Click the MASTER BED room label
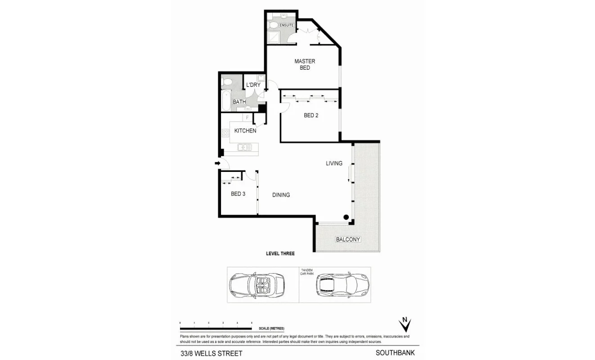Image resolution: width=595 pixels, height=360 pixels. pyautogui.click(x=305, y=64)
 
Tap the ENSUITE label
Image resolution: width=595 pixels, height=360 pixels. pyautogui.click(x=286, y=26)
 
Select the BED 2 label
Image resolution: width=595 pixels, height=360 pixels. pyautogui.click(x=311, y=116)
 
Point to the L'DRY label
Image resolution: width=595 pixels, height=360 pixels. pyautogui.click(x=253, y=85)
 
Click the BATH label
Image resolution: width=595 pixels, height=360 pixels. pyautogui.click(x=239, y=102)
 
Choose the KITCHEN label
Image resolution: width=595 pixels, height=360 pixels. pyautogui.click(x=245, y=131)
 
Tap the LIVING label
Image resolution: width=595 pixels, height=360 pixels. pyautogui.click(x=334, y=163)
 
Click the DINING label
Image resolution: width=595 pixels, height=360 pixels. pyautogui.click(x=281, y=195)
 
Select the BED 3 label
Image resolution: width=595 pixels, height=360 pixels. pyautogui.click(x=238, y=194)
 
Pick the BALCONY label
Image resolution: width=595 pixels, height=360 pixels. pyautogui.click(x=348, y=239)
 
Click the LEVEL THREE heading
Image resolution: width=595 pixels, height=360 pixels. pyautogui.click(x=280, y=254)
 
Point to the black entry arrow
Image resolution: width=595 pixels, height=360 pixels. pyautogui.click(x=217, y=163)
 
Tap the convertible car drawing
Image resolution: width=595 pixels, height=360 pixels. pyautogui.click(x=257, y=284)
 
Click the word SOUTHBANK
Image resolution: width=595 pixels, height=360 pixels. pyautogui.click(x=395, y=353)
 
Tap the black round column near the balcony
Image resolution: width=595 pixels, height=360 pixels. pyautogui.click(x=346, y=217)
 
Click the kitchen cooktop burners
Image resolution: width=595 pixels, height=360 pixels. pyautogui.click(x=225, y=133)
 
